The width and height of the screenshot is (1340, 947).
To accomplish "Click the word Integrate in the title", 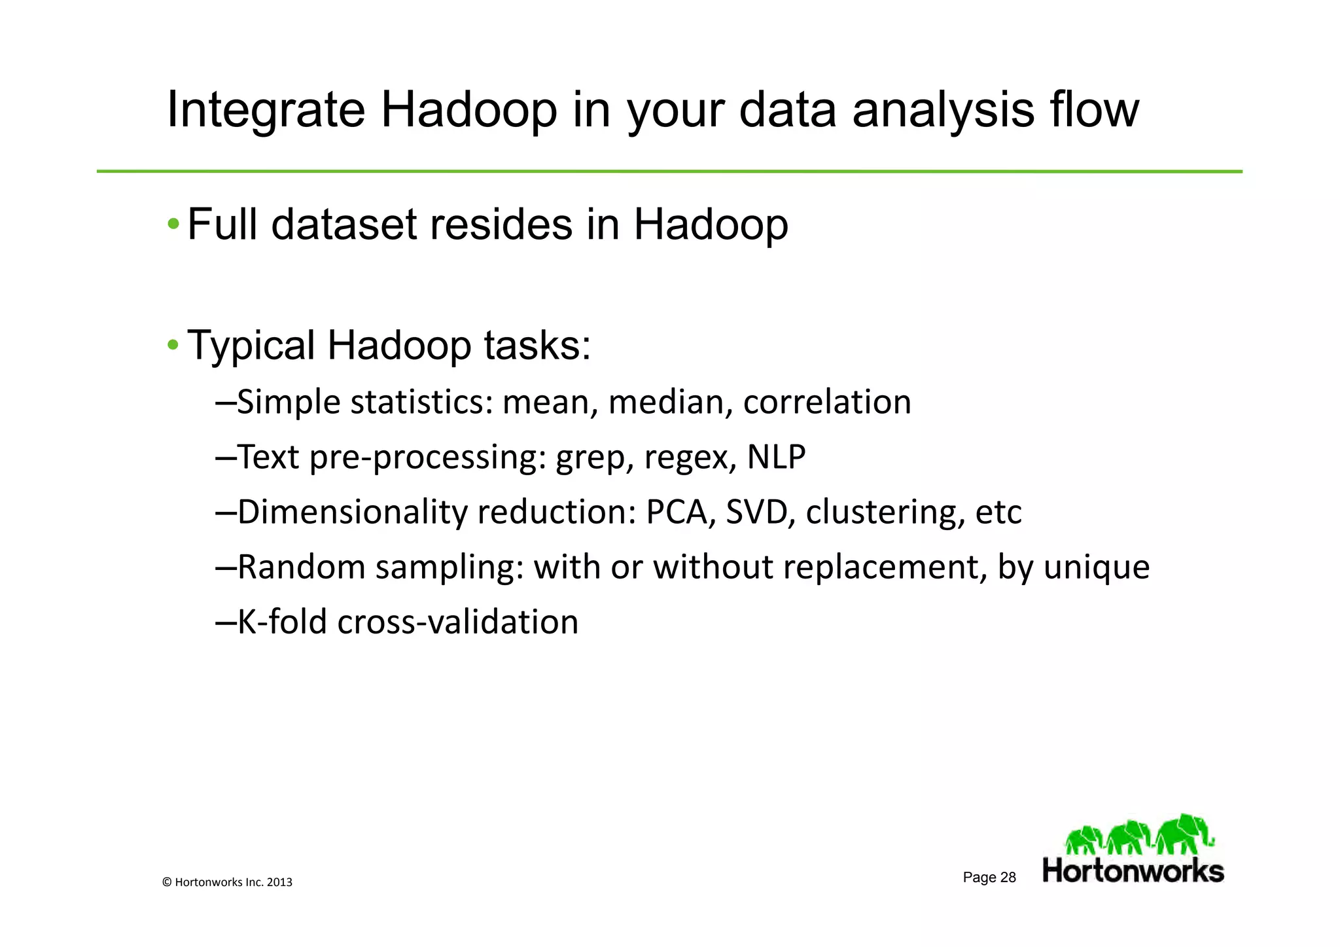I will (x=266, y=110).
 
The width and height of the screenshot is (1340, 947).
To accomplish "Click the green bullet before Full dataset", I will (x=173, y=225).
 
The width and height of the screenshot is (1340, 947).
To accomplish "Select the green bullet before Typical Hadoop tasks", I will (x=173, y=345).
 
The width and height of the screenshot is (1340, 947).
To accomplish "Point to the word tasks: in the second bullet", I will (x=537, y=345).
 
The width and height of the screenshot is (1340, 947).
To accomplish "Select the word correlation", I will (x=827, y=402).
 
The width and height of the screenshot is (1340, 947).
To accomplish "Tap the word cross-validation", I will (x=457, y=622).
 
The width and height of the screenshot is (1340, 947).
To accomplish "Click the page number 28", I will (x=1008, y=878).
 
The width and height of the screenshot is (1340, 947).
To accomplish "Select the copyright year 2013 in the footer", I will (x=279, y=882).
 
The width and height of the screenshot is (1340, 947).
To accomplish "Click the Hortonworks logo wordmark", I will (x=1133, y=872).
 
